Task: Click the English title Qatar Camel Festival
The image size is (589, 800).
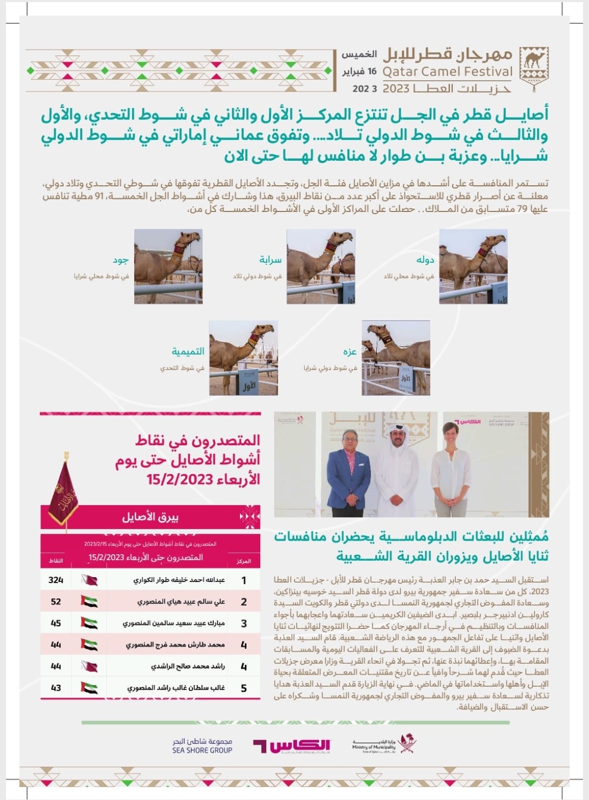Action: click(x=447, y=71)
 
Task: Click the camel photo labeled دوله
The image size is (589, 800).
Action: click(x=473, y=266)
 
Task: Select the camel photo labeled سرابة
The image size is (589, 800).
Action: click(x=321, y=266)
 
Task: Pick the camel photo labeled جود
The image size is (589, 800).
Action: click(x=168, y=266)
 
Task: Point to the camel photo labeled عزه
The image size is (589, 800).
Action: click(x=396, y=357)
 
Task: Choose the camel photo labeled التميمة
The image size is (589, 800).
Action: click(x=243, y=357)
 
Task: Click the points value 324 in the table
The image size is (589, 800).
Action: click(x=56, y=580)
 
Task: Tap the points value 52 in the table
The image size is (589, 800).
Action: click(x=56, y=602)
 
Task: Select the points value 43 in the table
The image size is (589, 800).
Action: click(x=56, y=688)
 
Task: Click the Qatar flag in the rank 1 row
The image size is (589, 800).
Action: click(x=89, y=580)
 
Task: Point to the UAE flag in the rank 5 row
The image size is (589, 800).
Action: click(x=89, y=688)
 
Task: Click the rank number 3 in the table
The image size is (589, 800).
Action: click(x=244, y=623)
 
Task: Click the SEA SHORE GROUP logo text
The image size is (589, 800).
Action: click(x=202, y=746)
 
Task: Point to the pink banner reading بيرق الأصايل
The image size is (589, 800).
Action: click(x=151, y=517)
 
